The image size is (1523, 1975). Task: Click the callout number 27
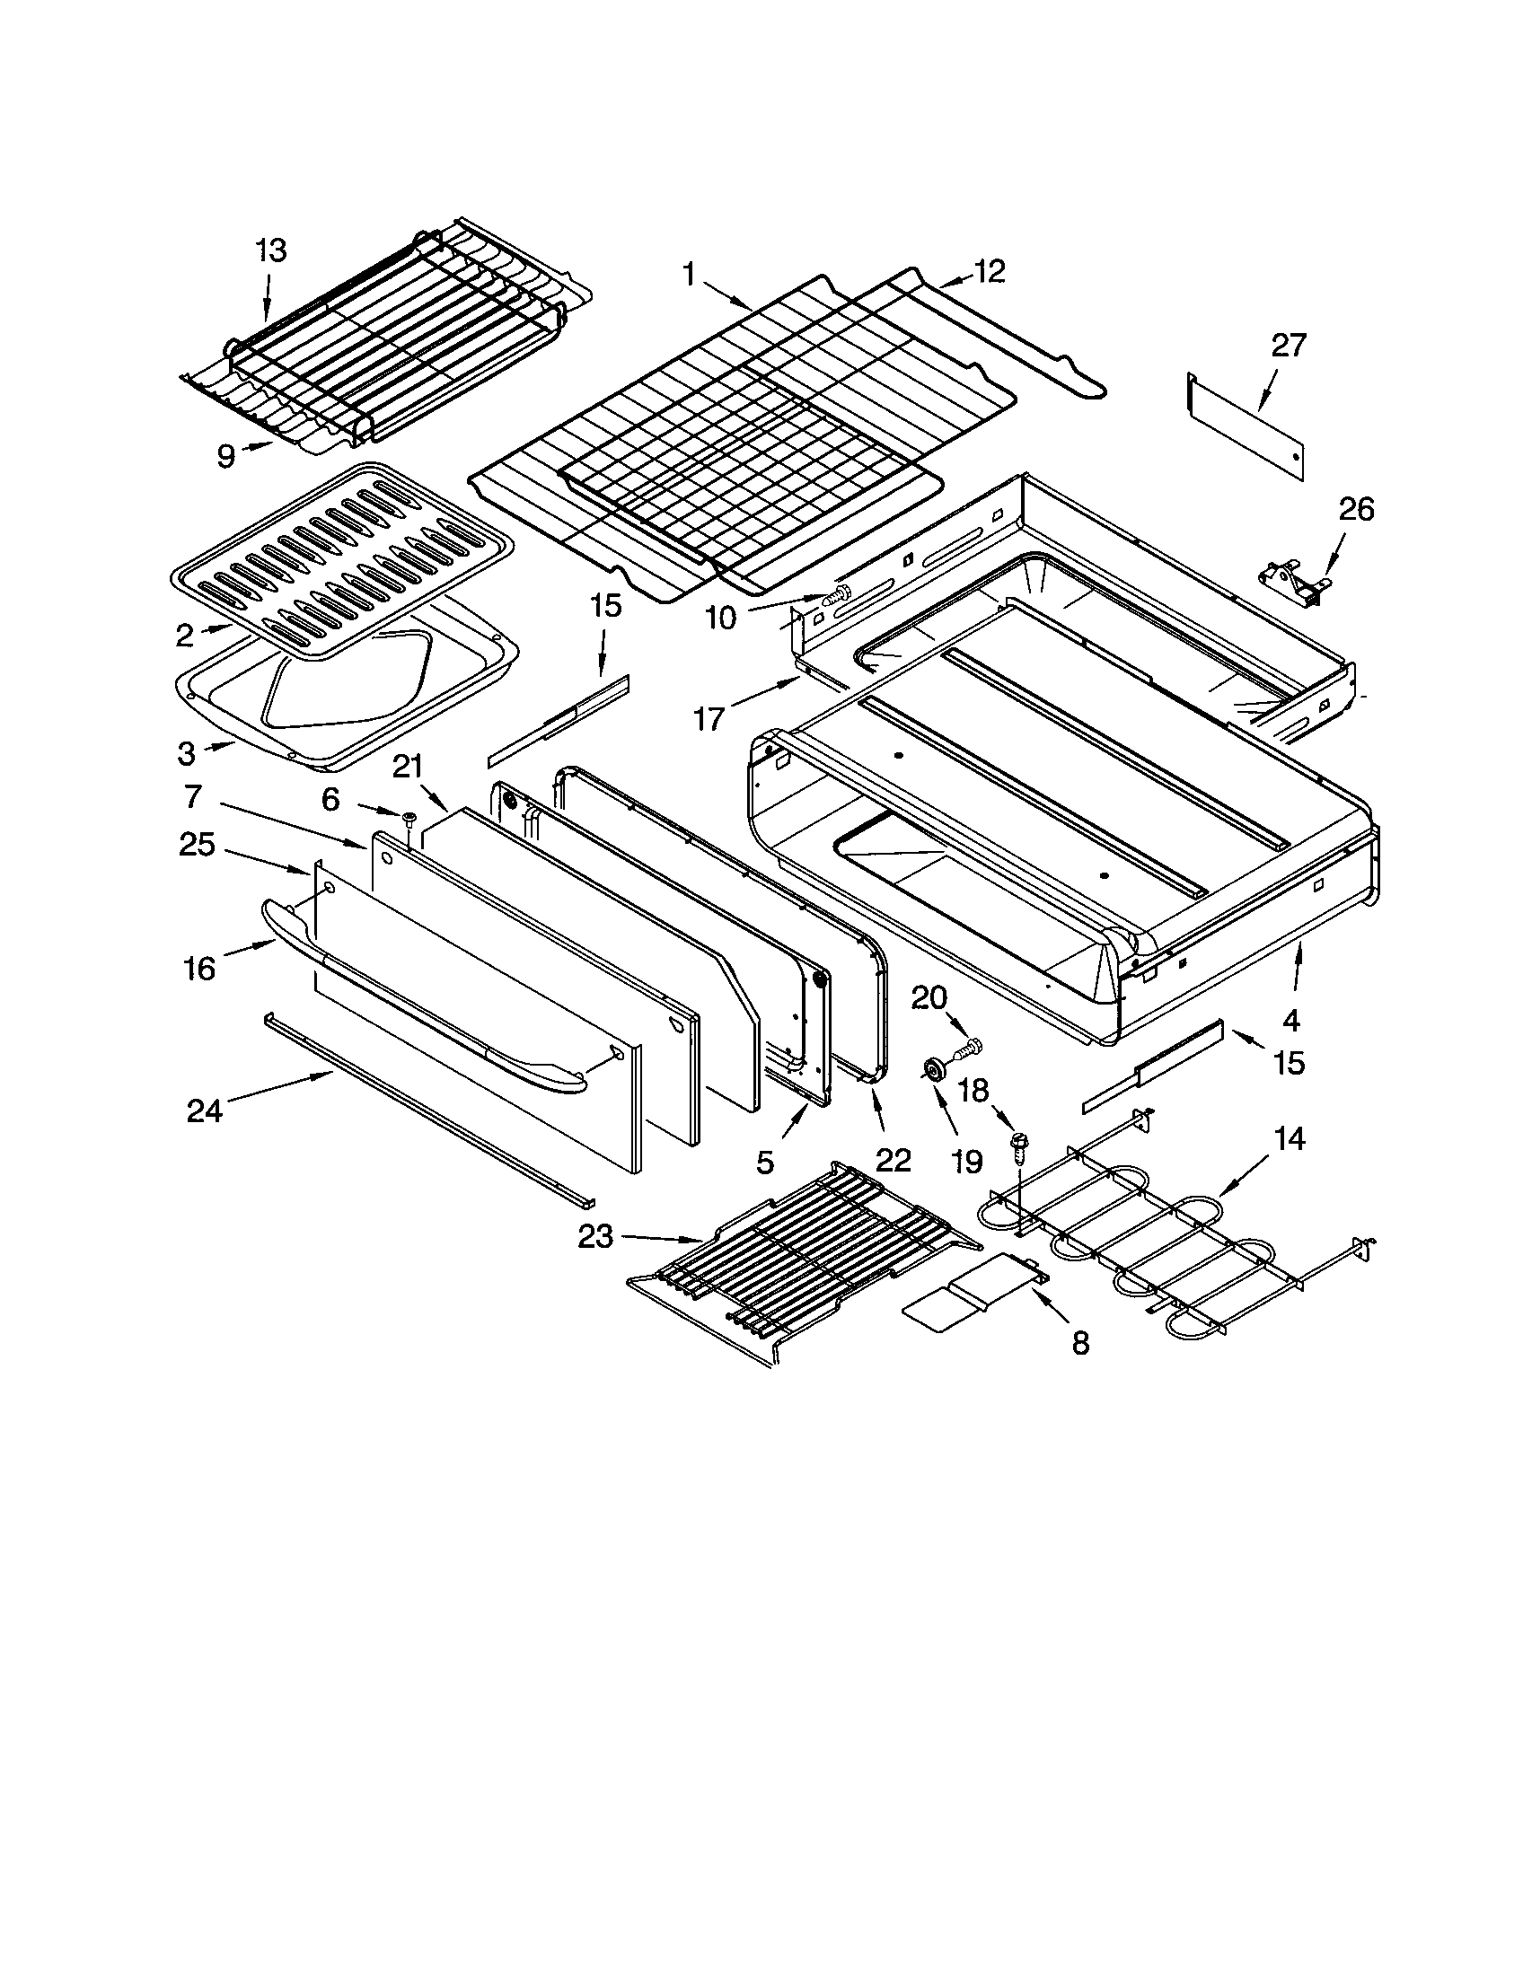(1289, 346)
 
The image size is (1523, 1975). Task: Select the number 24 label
(205, 1110)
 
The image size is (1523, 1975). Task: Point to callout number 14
(1289, 1139)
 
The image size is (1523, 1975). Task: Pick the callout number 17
(709, 719)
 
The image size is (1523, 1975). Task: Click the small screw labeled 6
(409, 819)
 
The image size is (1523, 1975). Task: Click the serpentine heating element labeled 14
(1175, 1243)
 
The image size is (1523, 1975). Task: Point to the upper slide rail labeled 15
(558, 721)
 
